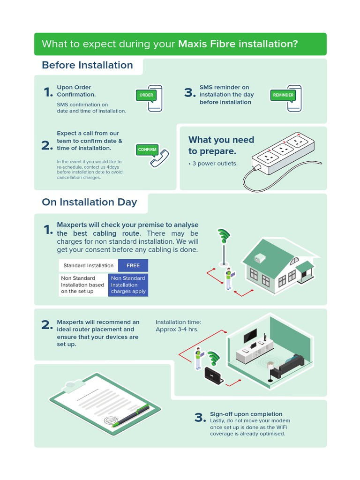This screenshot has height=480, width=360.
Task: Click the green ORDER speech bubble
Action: tap(146, 95)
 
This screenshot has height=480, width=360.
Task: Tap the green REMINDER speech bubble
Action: tap(283, 95)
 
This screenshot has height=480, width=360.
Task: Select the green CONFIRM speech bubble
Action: tap(147, 150)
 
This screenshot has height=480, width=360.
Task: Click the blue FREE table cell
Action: tap(133, 265)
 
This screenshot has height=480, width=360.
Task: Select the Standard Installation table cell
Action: tap(89, 265)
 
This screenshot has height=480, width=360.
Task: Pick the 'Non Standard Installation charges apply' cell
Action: tap(128, 285)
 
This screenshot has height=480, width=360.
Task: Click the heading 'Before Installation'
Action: tap(87, 65)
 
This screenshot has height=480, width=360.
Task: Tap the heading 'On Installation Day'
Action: tap(90, 202)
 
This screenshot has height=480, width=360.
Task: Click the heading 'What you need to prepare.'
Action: tap(221, 145)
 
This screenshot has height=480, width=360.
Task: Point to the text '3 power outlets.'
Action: tap(213, 164)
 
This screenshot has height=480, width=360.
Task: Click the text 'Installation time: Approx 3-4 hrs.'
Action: tap(178, 325)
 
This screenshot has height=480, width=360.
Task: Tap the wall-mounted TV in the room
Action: tap(249, 336)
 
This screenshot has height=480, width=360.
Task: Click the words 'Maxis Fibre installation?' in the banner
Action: tap(238, 44)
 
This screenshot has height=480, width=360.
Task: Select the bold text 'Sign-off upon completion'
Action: tap(246, 414)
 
